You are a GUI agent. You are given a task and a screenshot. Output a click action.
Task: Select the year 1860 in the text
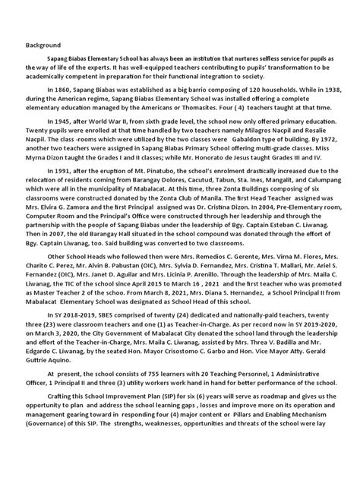point(67,109)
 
